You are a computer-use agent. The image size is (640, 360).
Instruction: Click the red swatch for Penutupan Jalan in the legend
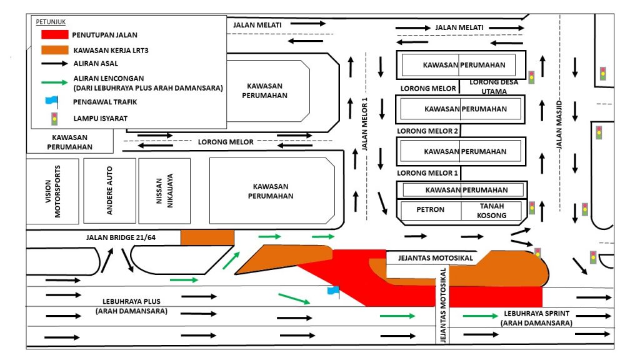pyautogui.click(x=52, y=34)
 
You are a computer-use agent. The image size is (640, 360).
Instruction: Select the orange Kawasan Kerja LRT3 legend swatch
pyautogui.click(x=52, y=49)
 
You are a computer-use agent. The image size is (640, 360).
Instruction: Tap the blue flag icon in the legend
pyautogui.click(x=51, y=100)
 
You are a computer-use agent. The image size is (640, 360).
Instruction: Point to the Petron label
pyautogui.click(x=430, y=209)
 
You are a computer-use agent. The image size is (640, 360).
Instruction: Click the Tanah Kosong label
pyautogui.click(x=492, y=211)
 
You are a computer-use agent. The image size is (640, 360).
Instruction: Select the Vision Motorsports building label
pyautogui.click(x=53, y=191)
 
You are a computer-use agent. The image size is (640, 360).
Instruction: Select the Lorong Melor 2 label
pyautogui.click(x=427, y=131)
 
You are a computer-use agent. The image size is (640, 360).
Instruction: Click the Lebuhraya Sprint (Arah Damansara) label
pyautogui.click(x=536, y=319)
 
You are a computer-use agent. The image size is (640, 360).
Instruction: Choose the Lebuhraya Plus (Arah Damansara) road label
pyautogui.click(x=131, y=306)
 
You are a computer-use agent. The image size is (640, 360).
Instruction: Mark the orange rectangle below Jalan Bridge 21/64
pyautogui.click(x=207, y=237)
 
